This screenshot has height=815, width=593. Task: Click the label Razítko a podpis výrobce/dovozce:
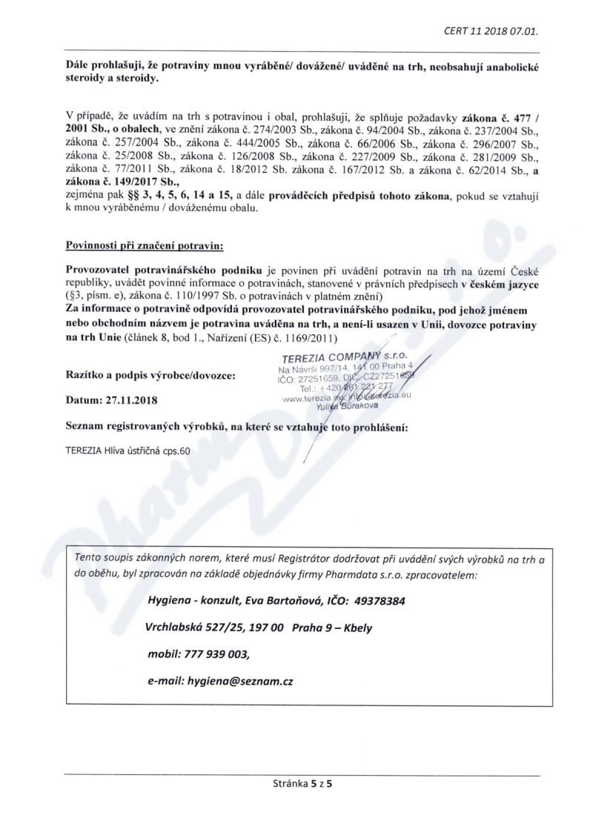[x=150, y=376]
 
